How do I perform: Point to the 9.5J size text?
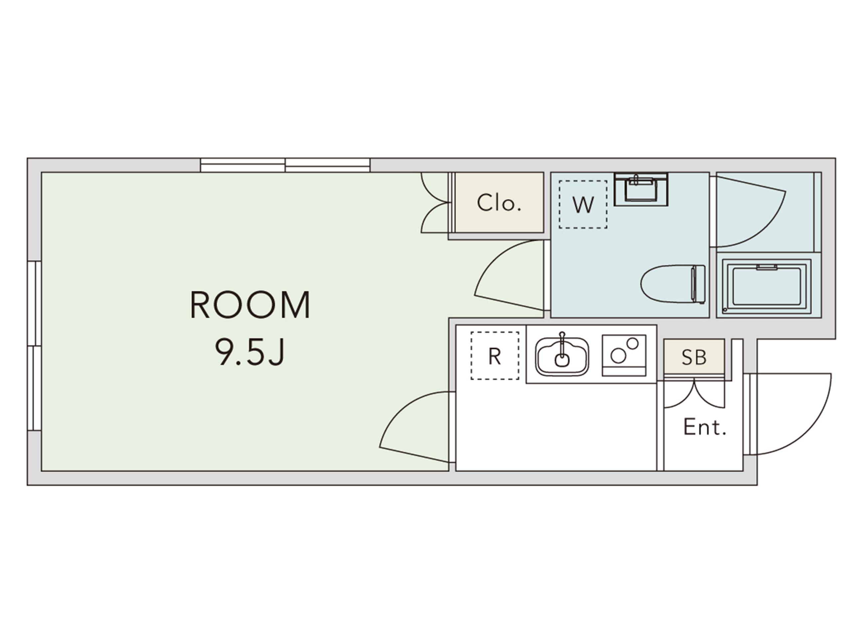[250, 352]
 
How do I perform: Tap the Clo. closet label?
[499, 203]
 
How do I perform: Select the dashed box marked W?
[583, 205]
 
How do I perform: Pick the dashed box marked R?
[495, 356]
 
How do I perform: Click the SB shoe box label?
[694, 357]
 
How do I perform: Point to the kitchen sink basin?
[562, 356]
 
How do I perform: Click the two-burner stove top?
[624, 355]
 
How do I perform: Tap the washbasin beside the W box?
[641, 189]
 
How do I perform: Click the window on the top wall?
[285, 165]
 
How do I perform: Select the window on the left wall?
[35, 346]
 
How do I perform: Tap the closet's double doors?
[434, 203]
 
